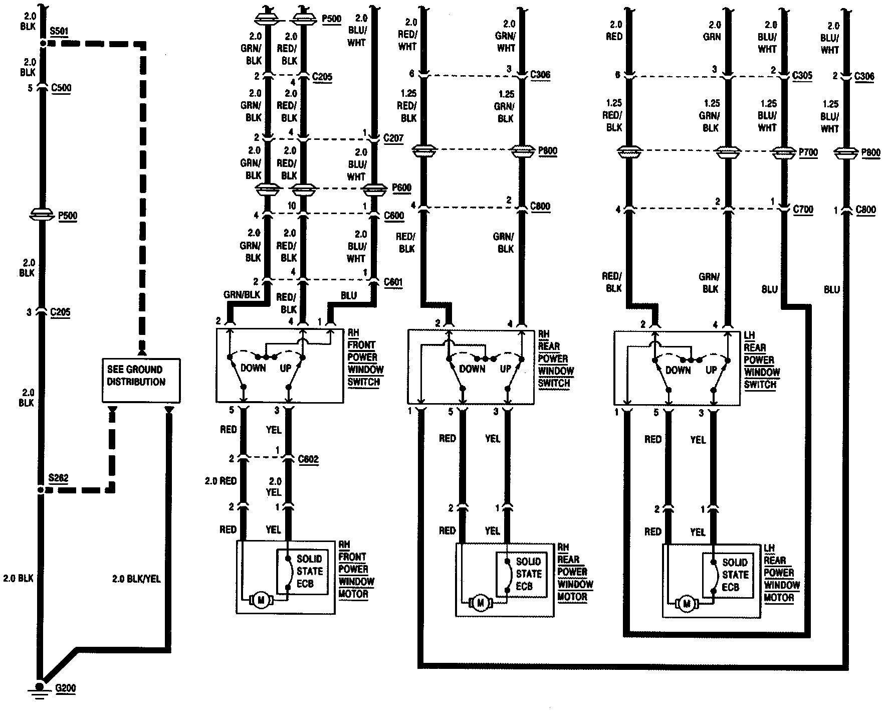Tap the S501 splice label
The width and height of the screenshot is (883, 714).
click(x=59, y=32)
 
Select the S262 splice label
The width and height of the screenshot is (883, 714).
click(x=58, y=478)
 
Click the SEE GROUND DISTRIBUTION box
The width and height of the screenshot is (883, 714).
click(x=141, y=380)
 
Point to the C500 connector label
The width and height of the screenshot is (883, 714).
click(x=61, y=88)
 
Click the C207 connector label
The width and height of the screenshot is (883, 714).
click(x=393, y=138)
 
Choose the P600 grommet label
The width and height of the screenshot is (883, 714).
click(x=401, y=188)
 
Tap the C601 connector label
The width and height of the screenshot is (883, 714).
click(x=393, y=282)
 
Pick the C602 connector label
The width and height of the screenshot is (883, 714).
click(x=308, y=459)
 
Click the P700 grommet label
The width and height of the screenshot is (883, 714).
click(x=808, y=152)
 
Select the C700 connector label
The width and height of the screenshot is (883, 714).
click(x=803, y=209)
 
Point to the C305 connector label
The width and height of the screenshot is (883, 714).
click(x=802, y=76)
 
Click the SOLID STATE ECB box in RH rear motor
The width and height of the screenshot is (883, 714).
click(x=522, y=575)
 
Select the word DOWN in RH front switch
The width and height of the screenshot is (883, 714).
click(x=253, y=368)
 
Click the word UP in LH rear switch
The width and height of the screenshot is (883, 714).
click(x=711, y=370)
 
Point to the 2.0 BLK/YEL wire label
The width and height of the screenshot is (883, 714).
click(x=136, y=579)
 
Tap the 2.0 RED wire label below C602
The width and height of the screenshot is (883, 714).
click(x=220, y=481)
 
